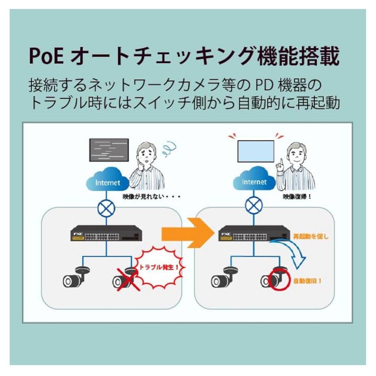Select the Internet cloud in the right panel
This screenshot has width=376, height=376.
(254, 181)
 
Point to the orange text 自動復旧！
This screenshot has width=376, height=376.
(307, 281)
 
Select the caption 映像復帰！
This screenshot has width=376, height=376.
(297, 197)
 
